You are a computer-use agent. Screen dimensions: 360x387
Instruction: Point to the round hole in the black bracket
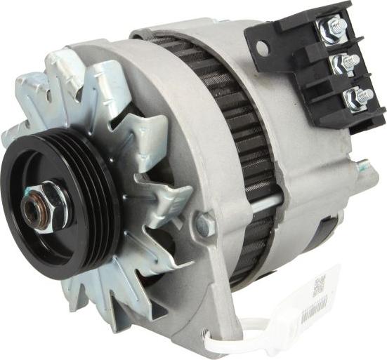[261, 48]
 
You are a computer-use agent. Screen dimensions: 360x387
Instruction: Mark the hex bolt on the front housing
[204, 223]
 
